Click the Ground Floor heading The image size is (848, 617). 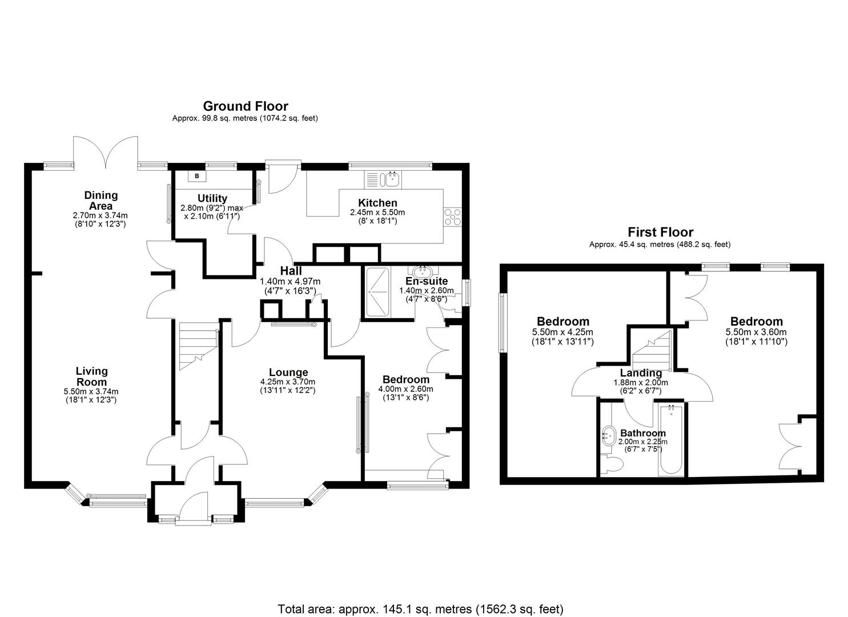point(246,106)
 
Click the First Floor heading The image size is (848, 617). point(660,232)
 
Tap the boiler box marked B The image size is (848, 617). point(197,176)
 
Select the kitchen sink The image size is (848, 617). point(392,179)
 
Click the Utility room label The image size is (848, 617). point(212,199)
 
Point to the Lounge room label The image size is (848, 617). point(288,372)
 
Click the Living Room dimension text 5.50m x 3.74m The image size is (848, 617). point(91,391)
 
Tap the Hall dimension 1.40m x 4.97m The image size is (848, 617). point(290,281)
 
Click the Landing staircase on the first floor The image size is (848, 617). point(652,348)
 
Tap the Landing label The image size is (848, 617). point(641,373)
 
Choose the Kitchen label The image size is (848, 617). point(377,203)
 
